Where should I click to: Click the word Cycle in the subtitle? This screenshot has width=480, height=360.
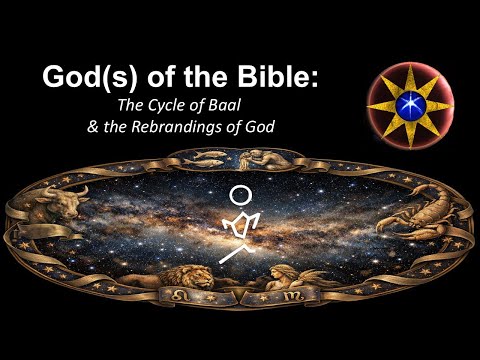(220, 106)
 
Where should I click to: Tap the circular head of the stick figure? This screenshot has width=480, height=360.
(243, 196)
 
